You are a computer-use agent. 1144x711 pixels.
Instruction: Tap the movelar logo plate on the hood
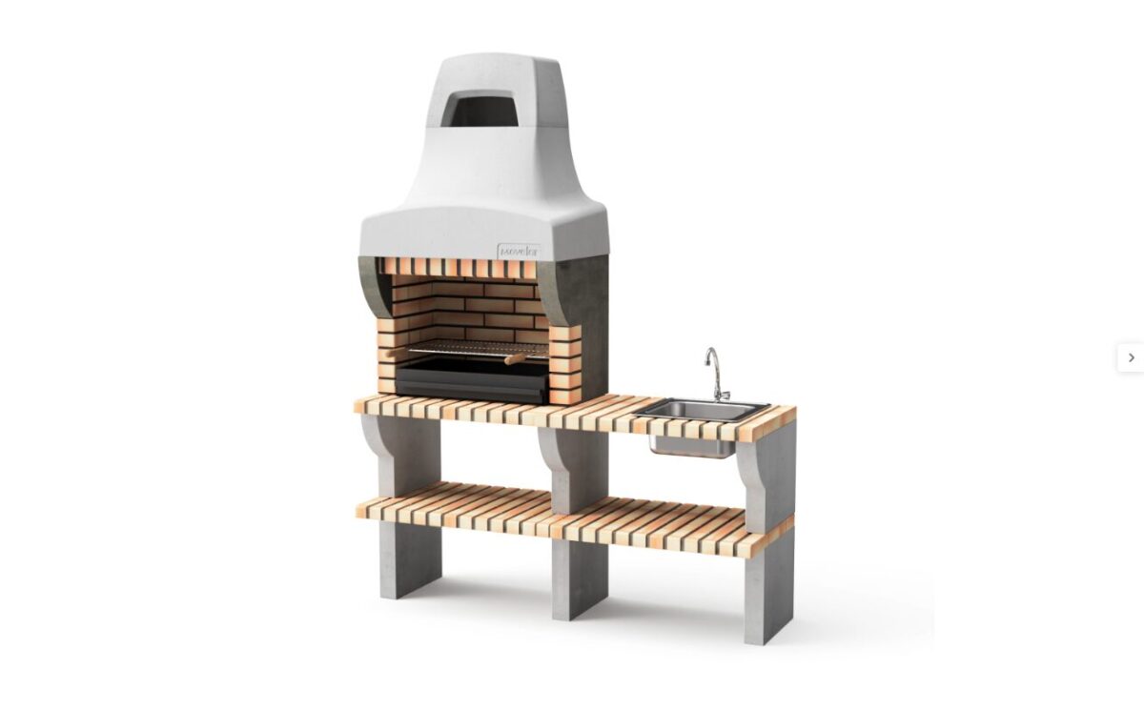[x=518, y=252]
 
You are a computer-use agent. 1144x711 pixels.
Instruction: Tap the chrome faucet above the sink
[x=714, y=375]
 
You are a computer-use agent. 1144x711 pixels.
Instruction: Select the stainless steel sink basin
[x=701, y=411]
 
